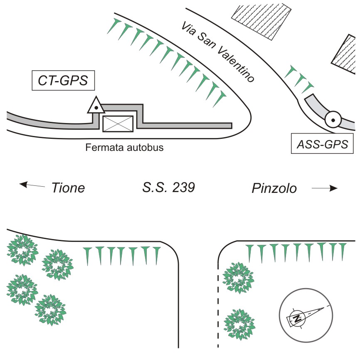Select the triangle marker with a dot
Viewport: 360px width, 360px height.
point(96,106)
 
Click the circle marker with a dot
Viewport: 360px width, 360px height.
point(333,120)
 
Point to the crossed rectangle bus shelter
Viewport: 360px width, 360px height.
point(118,123)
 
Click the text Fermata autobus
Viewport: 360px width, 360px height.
point(125,147)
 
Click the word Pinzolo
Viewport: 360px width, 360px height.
point(274,188)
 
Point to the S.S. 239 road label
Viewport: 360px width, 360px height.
point(167,188)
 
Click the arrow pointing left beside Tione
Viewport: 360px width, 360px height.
point(32,185)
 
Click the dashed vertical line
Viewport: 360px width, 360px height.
point(217,308)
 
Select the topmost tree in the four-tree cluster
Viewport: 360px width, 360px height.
point(22,250)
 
